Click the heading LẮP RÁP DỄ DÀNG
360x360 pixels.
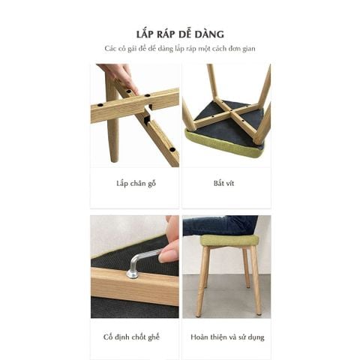click(180, 34)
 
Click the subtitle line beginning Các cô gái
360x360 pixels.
click(180, 49)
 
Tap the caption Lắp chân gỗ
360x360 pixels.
click(136, 183)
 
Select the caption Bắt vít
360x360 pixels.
click(225, 183)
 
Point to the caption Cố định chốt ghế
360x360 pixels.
click(136, 337)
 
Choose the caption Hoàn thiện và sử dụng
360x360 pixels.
click(226, 337)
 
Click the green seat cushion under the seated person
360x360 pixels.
click(228, 241)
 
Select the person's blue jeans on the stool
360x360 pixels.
click(217, 225)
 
